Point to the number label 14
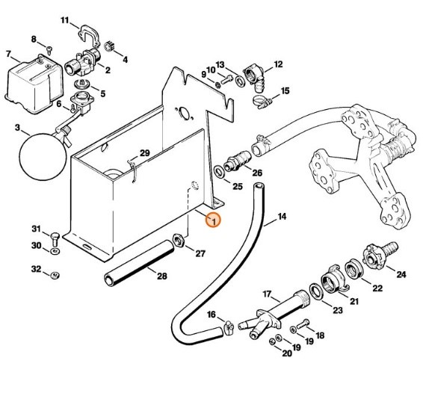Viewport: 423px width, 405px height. (282, 219)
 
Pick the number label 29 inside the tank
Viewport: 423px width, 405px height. (145, 153)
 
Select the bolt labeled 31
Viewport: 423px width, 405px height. (56, 237)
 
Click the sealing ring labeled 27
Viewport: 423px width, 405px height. (179, 241)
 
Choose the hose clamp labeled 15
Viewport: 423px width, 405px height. (261, 98)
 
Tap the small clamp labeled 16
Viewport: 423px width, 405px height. (228, 325)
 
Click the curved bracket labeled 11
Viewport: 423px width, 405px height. (89, 32)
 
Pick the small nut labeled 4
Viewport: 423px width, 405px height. (106, 46)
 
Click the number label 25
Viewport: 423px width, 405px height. (238, 185)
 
